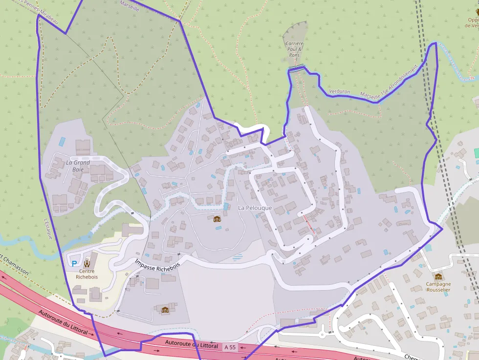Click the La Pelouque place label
(255, 208)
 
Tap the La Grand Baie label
(78, 166)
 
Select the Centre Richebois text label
(87, 274)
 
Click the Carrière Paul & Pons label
(294, 49)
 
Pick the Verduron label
(340, 91)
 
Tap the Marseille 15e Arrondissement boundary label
(390, 84)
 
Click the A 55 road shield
(229, 347)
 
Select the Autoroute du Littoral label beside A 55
(191, 344)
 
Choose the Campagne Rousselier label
(438, 287)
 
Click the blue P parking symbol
(74, 263)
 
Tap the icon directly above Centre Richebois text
(87, 262)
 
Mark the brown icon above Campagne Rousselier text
(438, 276)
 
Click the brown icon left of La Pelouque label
(217, 218)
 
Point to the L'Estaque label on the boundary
(47, 228)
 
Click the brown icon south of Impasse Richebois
(165, 309)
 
